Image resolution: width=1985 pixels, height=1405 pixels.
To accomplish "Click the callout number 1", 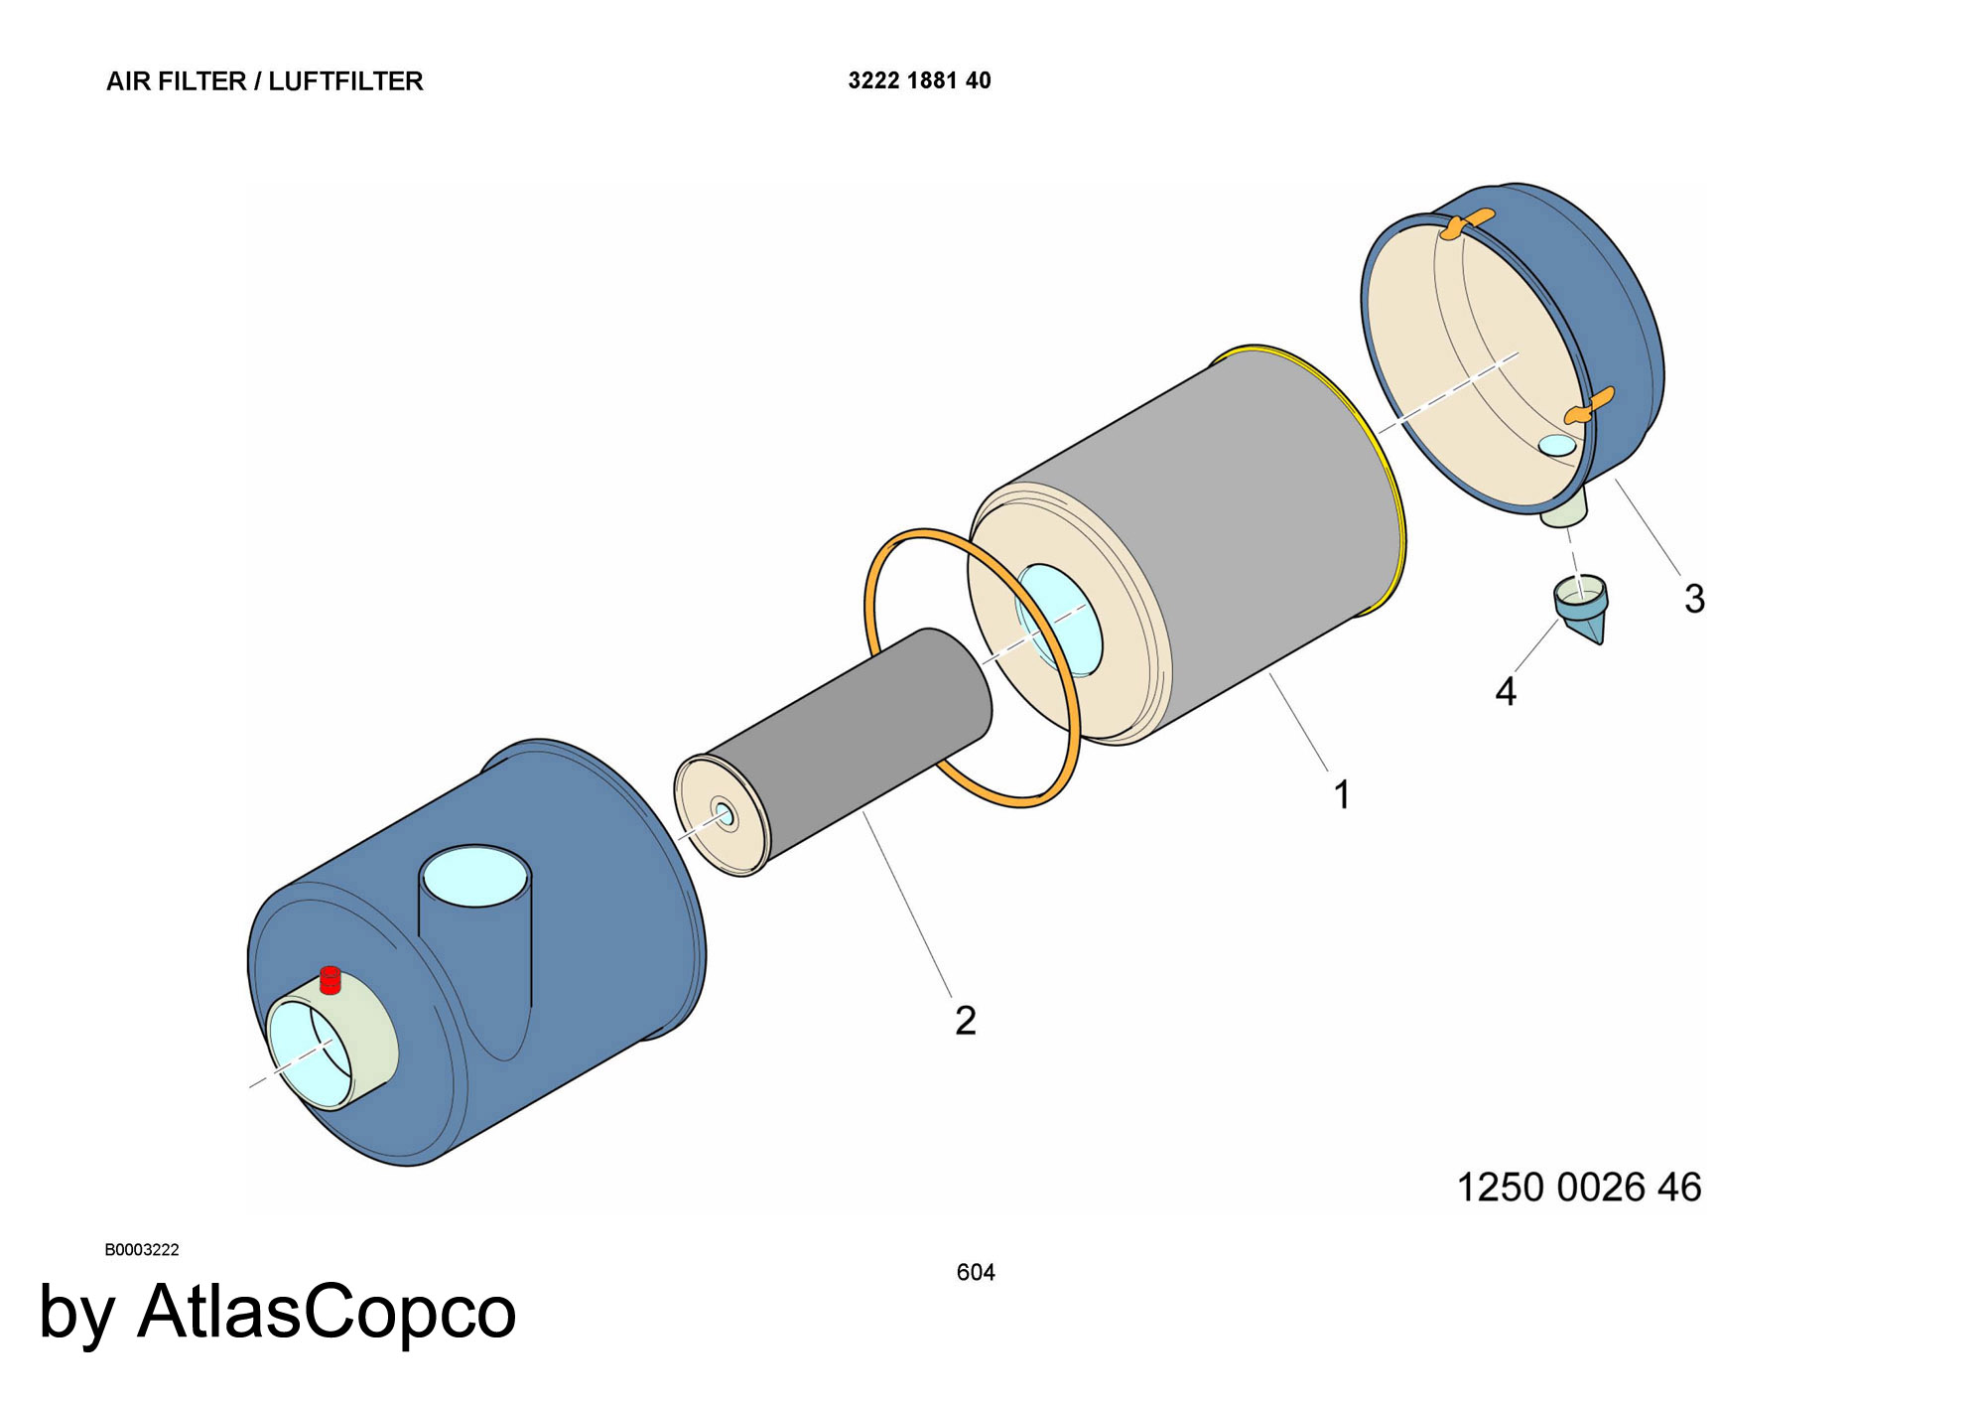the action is coord(1342,795).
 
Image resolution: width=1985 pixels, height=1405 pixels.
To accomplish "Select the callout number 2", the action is coord(966,1021).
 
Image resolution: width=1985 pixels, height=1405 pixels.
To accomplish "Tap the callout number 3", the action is coord(1694,599).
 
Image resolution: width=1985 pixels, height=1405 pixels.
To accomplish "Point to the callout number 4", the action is coord(1506,691).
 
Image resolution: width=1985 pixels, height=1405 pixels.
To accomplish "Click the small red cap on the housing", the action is coord(331,980).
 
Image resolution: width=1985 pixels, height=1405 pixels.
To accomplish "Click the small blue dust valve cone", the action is coord(1581,609).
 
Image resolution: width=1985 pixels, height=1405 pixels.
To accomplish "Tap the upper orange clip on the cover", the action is coord(1466,223).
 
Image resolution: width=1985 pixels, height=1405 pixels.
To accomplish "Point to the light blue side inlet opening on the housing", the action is coord(475,876).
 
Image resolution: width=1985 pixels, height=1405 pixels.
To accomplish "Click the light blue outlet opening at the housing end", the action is coord(308,1053).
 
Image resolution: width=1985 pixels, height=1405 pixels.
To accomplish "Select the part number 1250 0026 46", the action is coord(1578,1188).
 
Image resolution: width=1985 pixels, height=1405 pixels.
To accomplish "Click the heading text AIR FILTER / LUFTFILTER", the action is coord(265,81).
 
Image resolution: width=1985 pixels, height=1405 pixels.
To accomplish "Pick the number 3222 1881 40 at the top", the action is coord(919,80).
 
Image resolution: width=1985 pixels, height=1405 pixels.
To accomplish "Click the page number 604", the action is coord(976,1272).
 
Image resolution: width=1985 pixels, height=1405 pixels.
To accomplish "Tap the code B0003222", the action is coord(142,1249).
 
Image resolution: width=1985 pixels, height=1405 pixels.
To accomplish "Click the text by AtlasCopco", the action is coord(278,1313).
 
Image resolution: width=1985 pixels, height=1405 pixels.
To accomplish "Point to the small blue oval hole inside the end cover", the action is coord(1557,446).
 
